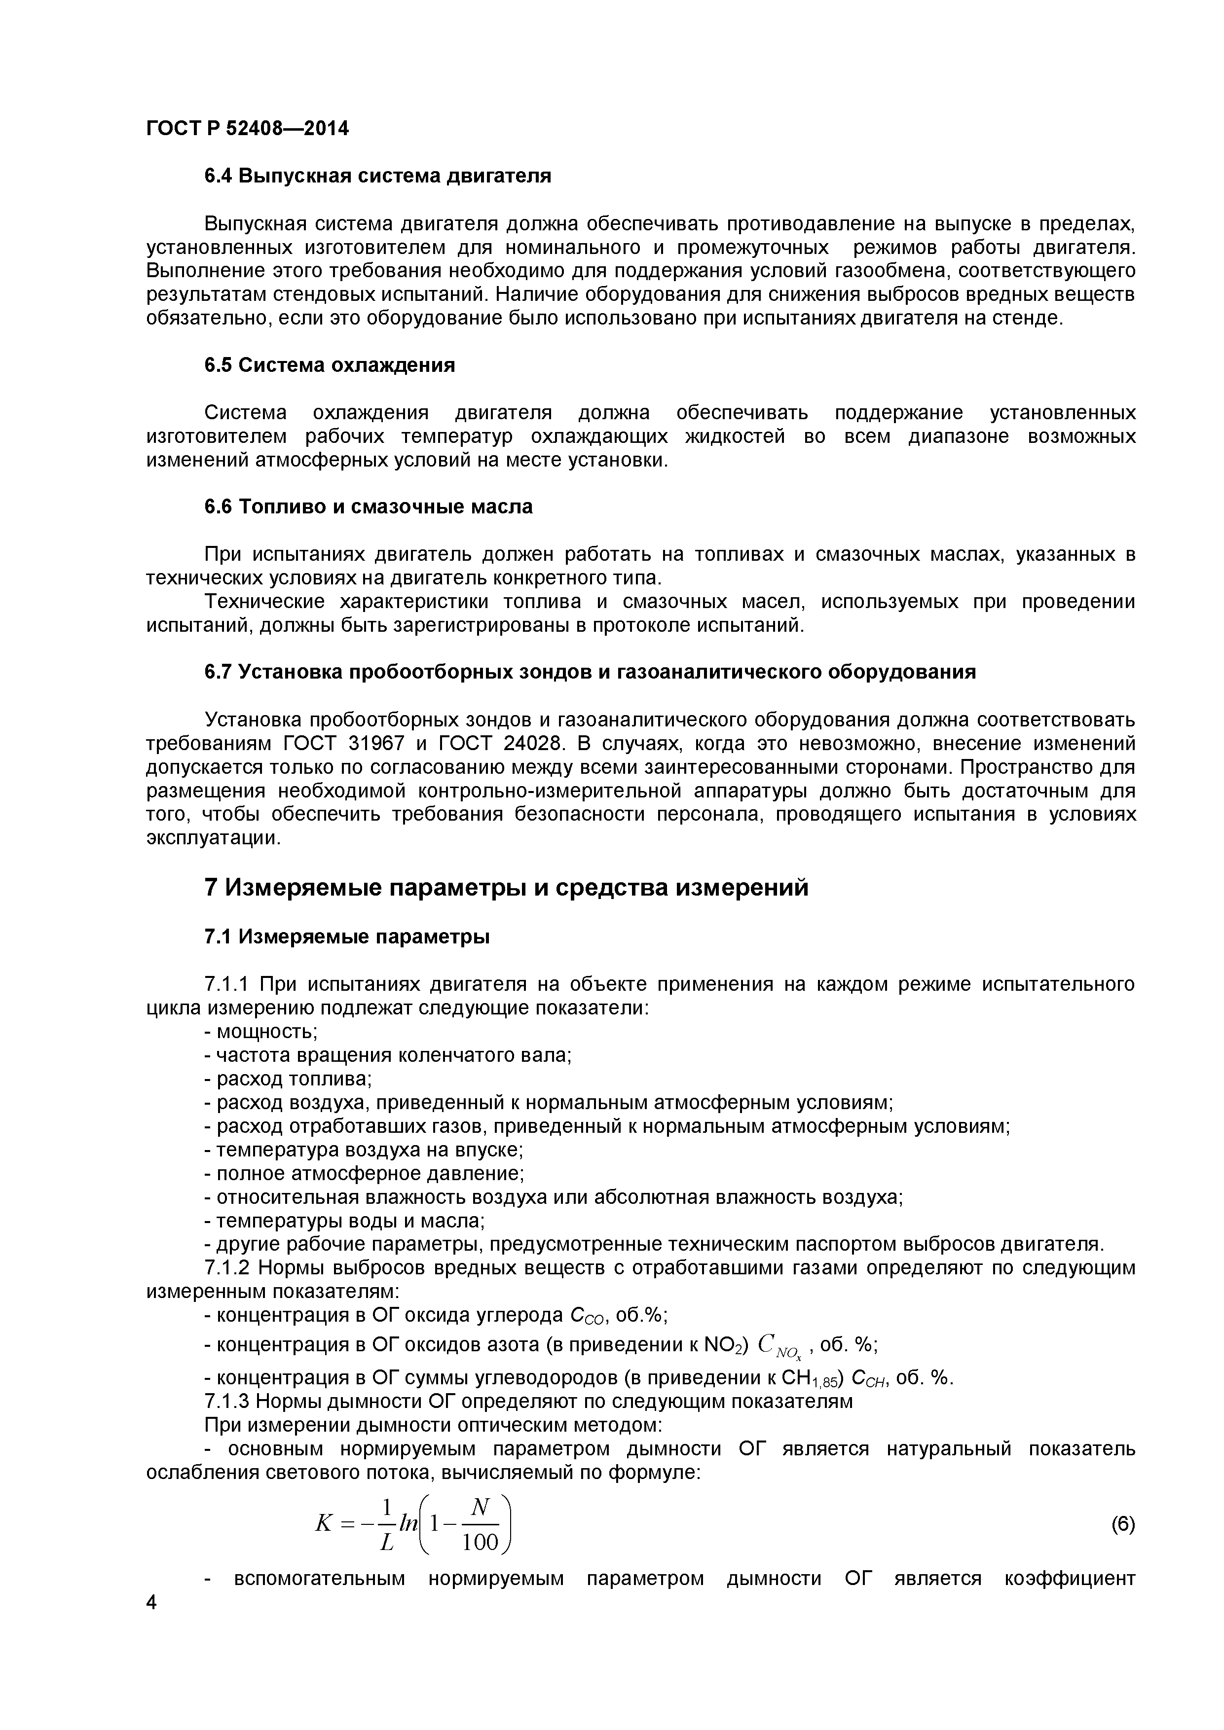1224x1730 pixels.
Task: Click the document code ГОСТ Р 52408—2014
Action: [x=247, y=129]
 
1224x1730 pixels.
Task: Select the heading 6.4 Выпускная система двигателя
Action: [x=377, y=177]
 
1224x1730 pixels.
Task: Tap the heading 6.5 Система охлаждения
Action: [x=330, y=365]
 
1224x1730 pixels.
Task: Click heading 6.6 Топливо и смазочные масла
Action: [x=368, y=507]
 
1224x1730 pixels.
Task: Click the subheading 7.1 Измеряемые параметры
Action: [x=347, y=937]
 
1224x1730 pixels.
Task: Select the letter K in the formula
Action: [x=323, y=1523]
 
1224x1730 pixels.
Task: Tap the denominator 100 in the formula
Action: [x=480, y=1543]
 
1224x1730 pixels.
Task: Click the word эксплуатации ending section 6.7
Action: [x=212, y=839]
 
